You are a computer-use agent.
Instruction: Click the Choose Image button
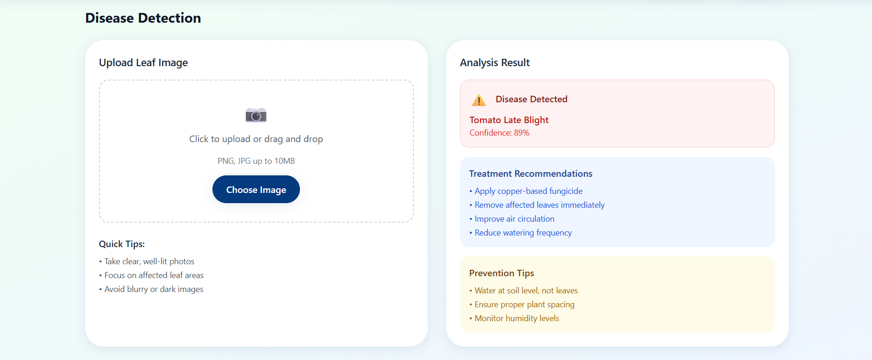point(256,189)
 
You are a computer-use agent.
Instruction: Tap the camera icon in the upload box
point(256,115)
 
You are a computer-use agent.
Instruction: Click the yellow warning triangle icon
point(479,99)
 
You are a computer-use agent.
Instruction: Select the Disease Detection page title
point(143,18)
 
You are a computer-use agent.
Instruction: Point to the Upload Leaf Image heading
point(143,62)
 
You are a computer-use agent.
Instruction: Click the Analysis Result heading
point(495,62)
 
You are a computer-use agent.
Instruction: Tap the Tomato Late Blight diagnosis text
point(509,120)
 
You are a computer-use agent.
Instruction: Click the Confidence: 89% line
point(499,133)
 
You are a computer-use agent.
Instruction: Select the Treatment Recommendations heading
point(530,174)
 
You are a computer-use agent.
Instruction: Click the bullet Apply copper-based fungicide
point(526,191)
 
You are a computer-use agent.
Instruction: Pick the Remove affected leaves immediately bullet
point(537,205)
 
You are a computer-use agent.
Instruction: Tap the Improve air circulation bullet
point(512,219)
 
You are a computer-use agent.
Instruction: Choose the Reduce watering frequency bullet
point(521,233)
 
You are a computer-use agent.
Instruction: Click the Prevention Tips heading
point(502,273)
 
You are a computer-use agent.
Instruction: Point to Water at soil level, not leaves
point(523,291)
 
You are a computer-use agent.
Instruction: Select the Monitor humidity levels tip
point(514,318)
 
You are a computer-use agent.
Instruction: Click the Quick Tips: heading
point(122,244)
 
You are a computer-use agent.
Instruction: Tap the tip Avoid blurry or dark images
point(151,289)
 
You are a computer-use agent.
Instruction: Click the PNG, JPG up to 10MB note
point(256,161)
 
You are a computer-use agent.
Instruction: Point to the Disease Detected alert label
point(531,99)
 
